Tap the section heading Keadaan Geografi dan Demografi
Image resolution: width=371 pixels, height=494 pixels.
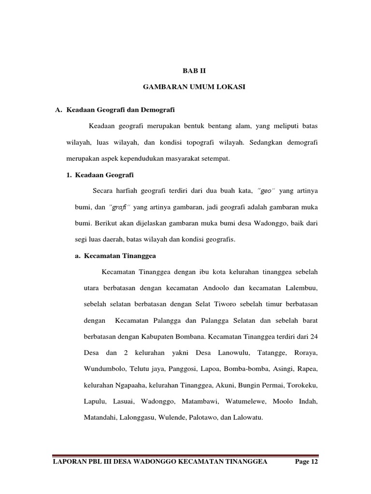tap(119, 109)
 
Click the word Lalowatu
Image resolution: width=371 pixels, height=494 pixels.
tap(247, 418)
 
